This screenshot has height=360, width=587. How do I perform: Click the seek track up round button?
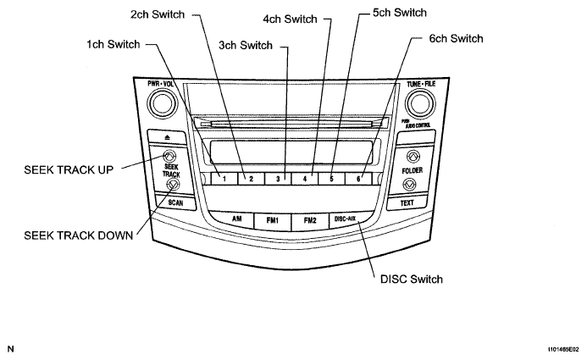click(170, 157)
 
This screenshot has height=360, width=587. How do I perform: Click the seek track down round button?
click(172, 184)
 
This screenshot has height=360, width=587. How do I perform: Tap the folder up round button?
click(413, 157)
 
